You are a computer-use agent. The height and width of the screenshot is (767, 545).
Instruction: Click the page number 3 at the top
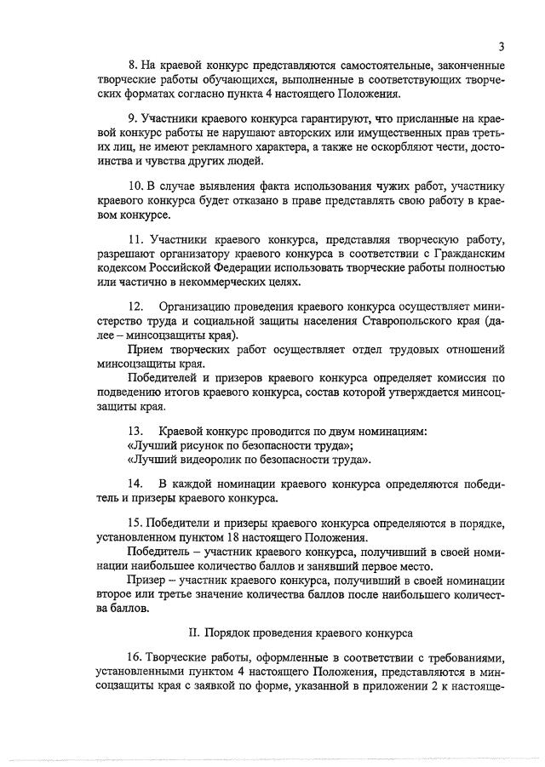point(502,46)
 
